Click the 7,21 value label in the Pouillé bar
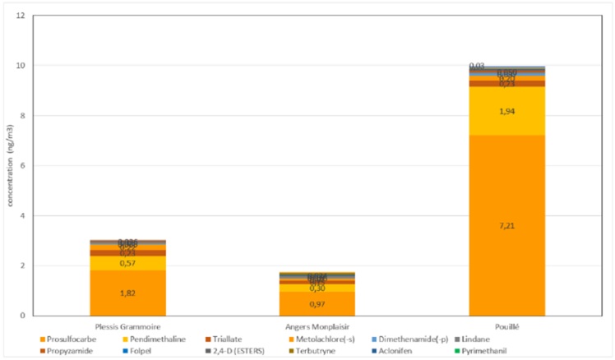coord(506,226)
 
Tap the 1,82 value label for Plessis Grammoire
coord(127,293)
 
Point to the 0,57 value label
coord(127,263)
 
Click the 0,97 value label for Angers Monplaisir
coord(317,304)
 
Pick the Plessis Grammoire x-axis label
coord(127,325)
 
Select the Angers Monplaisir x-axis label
coord(317,325)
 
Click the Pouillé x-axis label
coord(506,325)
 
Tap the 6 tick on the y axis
coord(23,166)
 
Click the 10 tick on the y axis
coord(21,66)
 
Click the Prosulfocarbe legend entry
coord(66,339)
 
